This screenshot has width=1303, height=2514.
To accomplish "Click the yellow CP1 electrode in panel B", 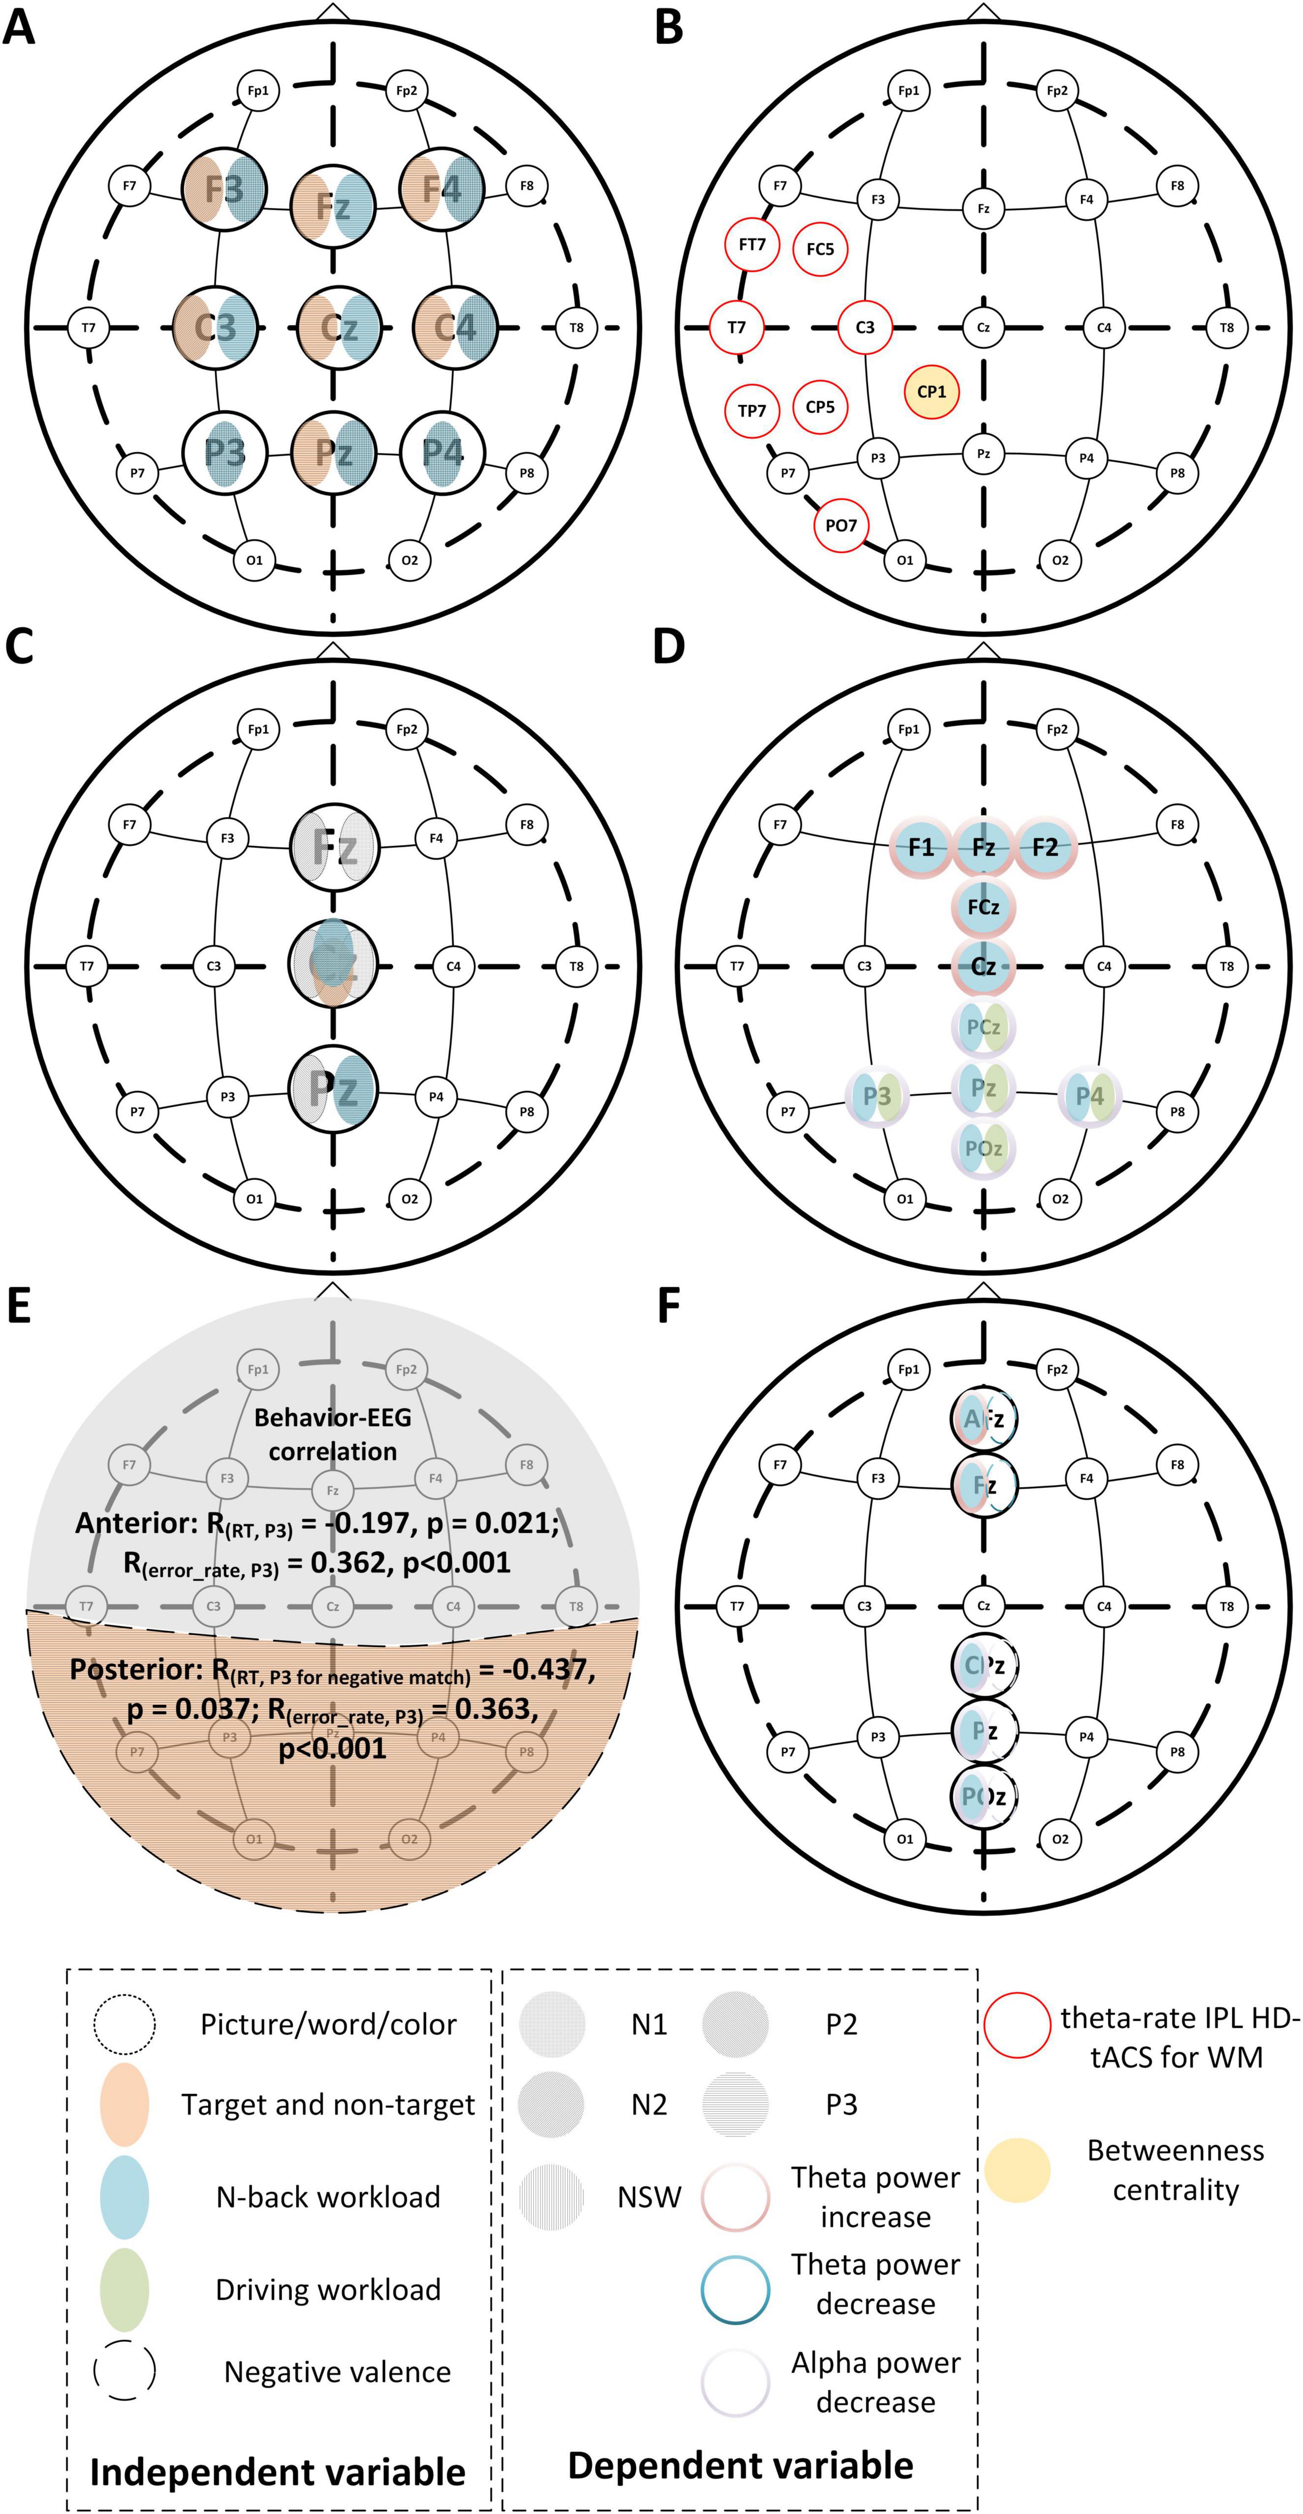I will point(931,391).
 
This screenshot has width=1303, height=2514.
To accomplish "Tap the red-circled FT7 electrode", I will point(752,245).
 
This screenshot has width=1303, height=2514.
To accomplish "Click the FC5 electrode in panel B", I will point(820,249).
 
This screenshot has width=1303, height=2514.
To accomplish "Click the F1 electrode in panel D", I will point(920,846).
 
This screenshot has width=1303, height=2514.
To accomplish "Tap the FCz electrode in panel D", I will point(983,907).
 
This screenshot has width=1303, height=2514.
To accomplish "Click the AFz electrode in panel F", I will point(983,1419).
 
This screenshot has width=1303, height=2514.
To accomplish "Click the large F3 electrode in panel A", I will point(224,188).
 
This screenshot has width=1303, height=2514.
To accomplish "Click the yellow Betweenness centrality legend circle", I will point(1017,2169).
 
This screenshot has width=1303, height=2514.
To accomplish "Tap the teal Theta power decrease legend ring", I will point(735,2288).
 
